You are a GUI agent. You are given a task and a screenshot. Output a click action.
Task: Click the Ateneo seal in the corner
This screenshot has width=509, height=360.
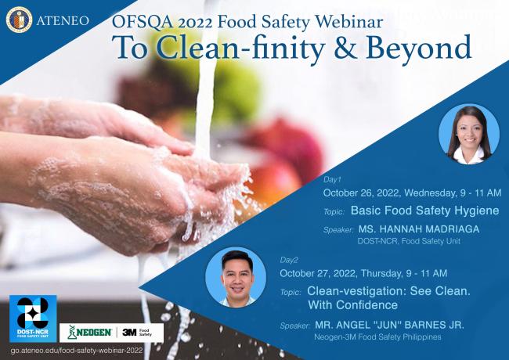20,20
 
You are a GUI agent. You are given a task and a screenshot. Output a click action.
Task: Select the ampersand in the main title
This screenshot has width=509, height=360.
330,49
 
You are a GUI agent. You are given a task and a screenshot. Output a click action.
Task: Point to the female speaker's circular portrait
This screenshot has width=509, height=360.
469,135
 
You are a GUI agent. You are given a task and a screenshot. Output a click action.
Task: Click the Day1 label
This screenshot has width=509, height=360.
333,178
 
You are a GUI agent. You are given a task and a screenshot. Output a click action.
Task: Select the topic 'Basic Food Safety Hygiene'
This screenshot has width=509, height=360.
426,211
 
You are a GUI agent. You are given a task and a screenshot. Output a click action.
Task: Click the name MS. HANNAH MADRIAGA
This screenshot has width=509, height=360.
418,229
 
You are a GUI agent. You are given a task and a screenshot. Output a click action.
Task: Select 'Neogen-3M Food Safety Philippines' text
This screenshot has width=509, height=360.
378,337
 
